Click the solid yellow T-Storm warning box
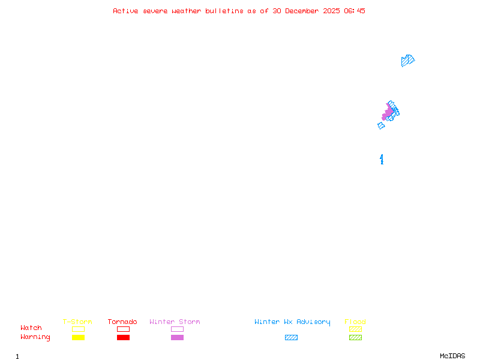78,338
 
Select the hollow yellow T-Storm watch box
78,329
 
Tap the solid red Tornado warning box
123,338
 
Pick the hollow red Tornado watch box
123,329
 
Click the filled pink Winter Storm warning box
177,338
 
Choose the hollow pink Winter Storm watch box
177,329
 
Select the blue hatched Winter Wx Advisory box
291,338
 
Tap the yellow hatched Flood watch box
355,329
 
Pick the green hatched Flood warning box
355,338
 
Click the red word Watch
31,328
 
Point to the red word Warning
35,337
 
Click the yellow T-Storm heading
77,322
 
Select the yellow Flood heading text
355,322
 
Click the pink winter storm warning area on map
388,112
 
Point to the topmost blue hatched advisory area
407,60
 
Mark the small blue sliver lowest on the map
382,159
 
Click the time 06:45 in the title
355,11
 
